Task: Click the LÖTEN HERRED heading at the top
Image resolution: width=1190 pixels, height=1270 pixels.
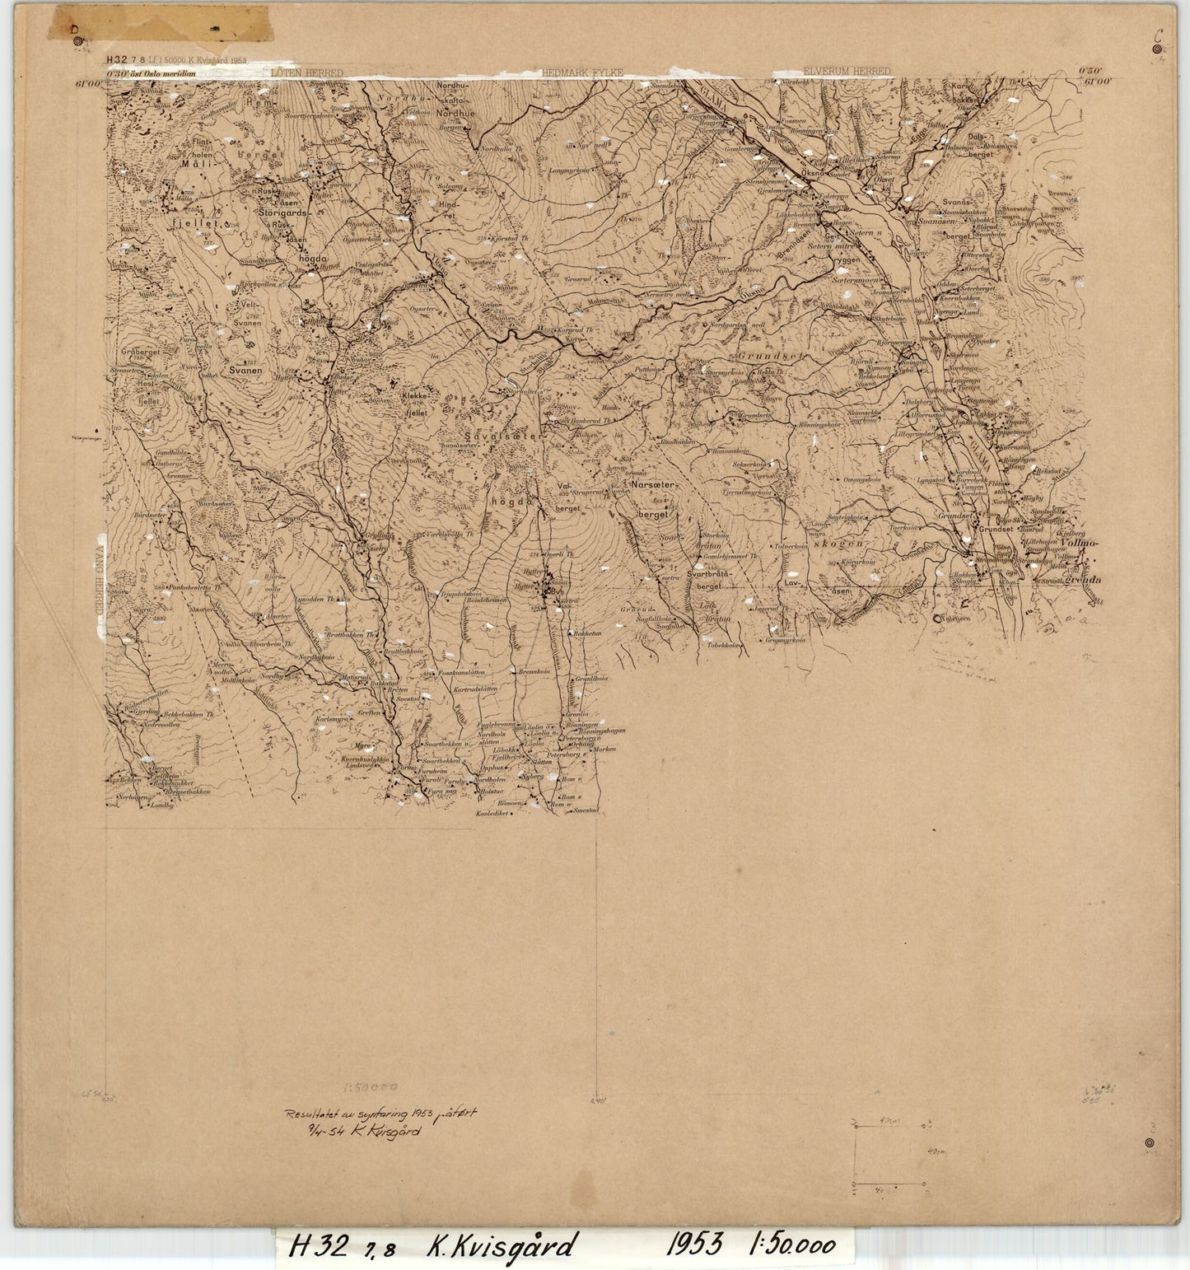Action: (x=306, y=72)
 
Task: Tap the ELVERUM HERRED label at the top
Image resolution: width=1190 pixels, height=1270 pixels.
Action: (x=847, y=72)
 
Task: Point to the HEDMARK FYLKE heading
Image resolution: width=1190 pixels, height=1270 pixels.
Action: (x=583, y=72)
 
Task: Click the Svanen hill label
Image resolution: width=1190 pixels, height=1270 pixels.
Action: (x=245, y=371)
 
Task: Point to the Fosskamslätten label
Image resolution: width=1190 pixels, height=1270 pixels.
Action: (x=469, y=673)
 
